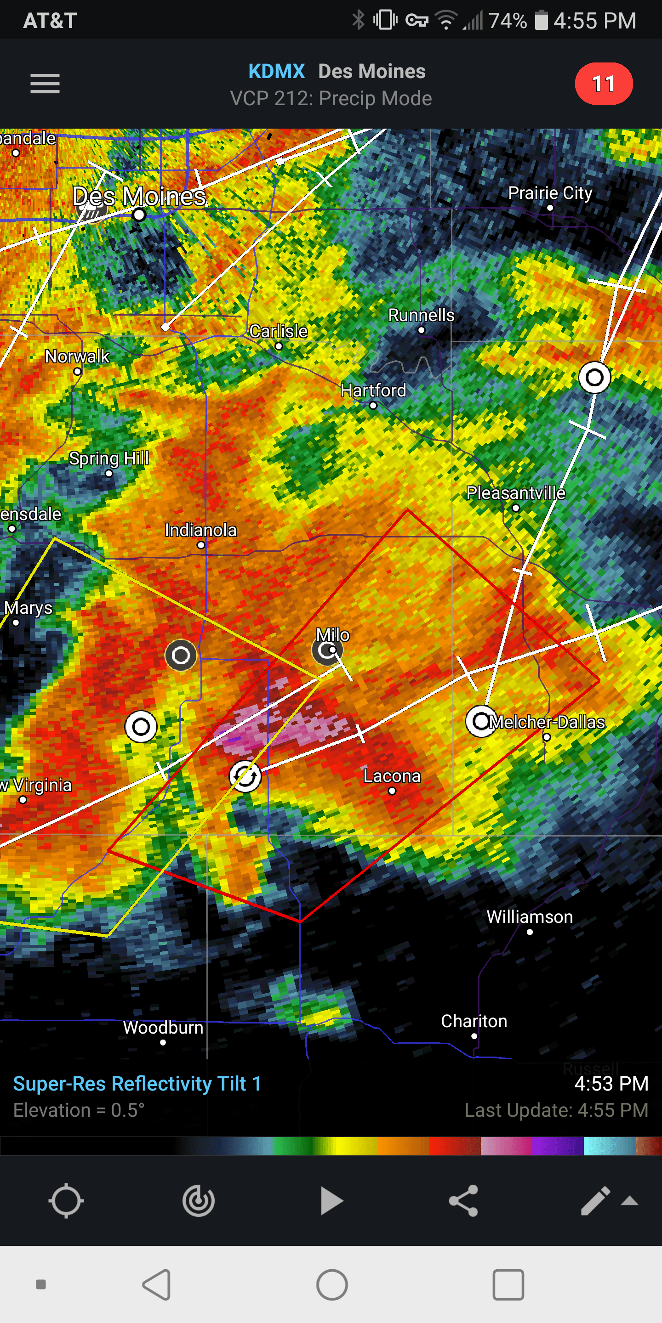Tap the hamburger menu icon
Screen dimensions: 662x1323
pos(45,84)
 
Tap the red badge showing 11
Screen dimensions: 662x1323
pos(604,84)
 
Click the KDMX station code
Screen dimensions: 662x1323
pos(276,71)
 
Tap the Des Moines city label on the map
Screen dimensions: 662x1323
pos(139,197)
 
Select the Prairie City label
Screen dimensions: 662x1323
pos(550,193)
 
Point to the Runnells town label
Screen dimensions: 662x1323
pos(421,315)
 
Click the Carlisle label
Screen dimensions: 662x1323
pos(279,331)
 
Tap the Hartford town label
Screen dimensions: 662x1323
pos(373,390)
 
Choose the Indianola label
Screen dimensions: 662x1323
pos(200,530)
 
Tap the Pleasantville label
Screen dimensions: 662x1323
pos(515,493)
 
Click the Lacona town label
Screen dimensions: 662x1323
pos(392,776)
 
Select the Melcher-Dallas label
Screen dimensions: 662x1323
pos(547,722)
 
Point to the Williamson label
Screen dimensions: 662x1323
pos(530,917)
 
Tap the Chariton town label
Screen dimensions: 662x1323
pos(474,1021)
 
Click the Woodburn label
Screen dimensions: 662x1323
pos(163,1028)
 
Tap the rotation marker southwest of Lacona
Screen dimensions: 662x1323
pos(245,776)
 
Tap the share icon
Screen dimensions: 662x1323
pos(463,1201)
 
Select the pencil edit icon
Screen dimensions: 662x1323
pos(595,1201)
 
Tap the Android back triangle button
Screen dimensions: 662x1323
pos(157,1284)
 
